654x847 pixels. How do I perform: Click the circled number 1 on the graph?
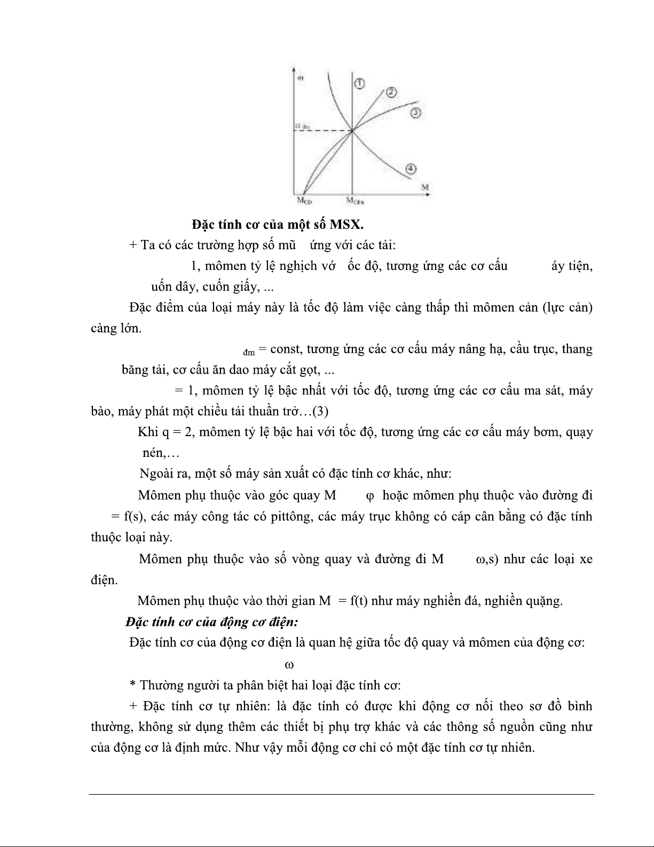(359, 84)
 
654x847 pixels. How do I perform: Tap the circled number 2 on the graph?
(391, 92)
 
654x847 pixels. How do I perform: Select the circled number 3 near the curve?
(416, 112)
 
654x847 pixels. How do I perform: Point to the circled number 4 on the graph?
(411, 169)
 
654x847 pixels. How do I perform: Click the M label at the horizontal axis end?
(425, 187)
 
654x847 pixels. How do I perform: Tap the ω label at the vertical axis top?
(301, 78)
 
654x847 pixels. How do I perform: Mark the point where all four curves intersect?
(352, 130)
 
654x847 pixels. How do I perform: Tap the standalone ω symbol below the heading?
(289, 665)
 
